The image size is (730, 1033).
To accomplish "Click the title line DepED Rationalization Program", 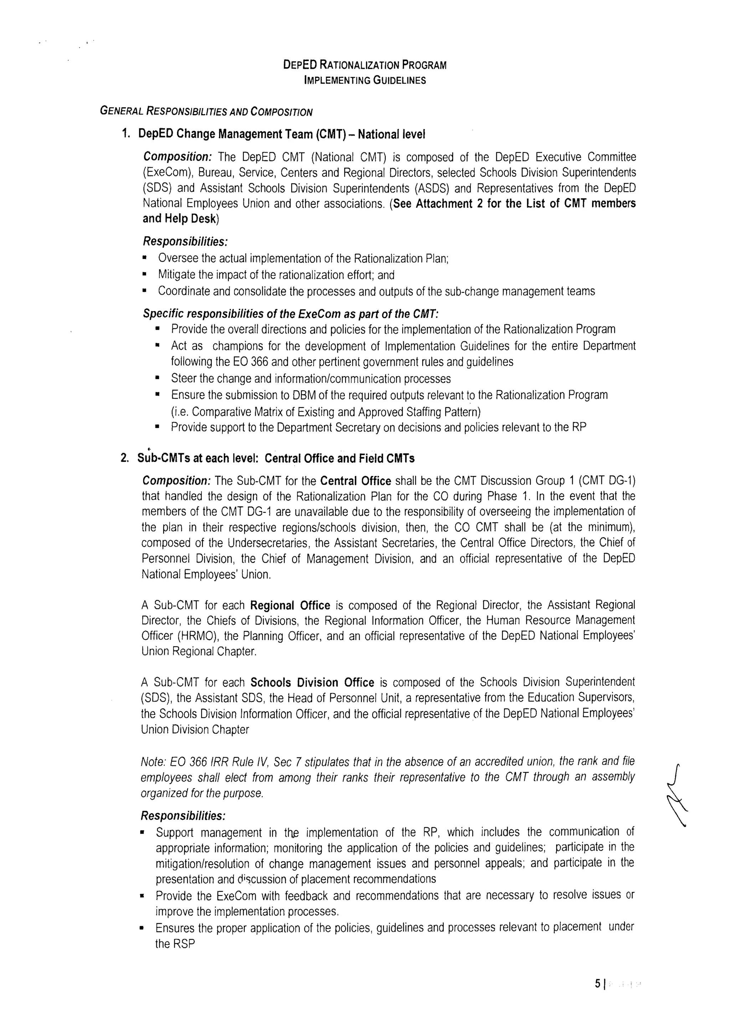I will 365,65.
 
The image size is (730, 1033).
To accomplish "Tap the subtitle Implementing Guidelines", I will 365,81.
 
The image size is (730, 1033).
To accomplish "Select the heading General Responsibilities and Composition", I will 206,111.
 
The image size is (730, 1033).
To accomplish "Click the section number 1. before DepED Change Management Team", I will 126,134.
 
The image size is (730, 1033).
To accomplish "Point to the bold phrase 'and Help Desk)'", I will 181,219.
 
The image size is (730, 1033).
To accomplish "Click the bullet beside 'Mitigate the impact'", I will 145,275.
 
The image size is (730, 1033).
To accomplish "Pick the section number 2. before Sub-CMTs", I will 125,459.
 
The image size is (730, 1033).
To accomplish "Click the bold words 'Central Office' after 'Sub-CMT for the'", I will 355,481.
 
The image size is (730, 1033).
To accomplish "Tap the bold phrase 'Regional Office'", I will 290,605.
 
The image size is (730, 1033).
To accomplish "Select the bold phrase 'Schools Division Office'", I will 312,682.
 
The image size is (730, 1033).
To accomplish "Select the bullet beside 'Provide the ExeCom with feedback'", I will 143,896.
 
